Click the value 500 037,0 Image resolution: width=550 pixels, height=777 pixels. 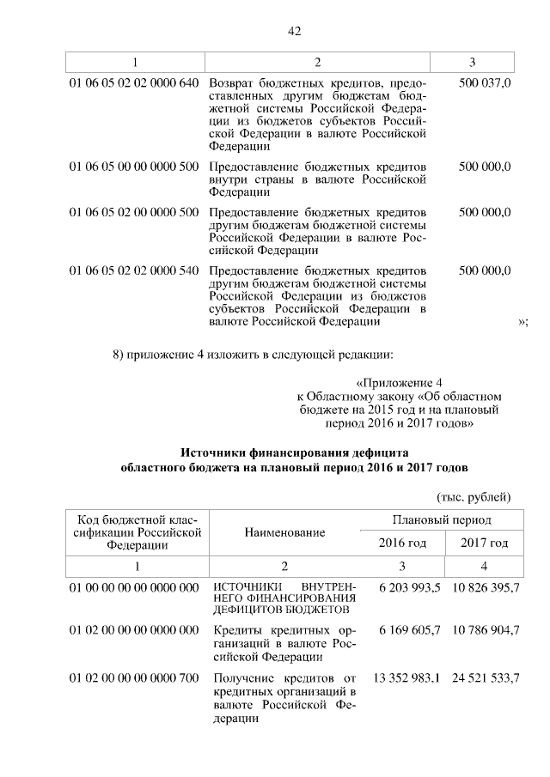coord(485,83)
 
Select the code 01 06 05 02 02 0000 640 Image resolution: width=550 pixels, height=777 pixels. coord(133,83)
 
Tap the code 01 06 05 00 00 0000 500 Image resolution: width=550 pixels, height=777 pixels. coord(133,166)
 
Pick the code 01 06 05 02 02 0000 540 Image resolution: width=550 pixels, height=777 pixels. coord(133,270)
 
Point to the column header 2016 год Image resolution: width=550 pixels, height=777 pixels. coord(402,543)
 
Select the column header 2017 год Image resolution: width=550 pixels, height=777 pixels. coord(484,543)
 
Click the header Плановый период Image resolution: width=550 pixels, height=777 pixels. coord(443,520)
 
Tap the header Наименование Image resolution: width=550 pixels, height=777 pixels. coord(284,532)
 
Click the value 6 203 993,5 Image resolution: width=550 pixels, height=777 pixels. coord(409,586)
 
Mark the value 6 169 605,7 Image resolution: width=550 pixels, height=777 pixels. coord(409,631)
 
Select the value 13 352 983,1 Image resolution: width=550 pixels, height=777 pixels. coord(406,678)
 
